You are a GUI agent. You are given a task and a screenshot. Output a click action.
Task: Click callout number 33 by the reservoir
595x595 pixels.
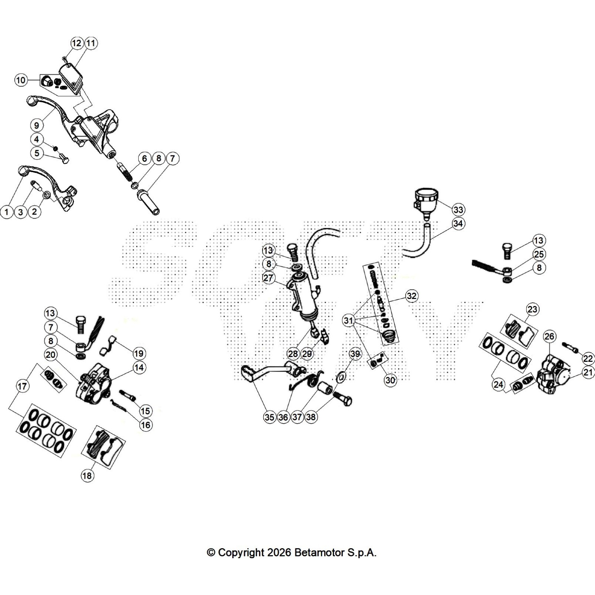coord(458,210)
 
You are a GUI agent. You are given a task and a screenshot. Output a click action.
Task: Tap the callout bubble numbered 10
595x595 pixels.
coord(21,80)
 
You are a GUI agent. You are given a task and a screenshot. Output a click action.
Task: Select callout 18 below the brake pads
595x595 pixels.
coord(87,476)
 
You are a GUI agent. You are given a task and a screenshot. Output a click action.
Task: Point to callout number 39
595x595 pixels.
coord(355,354)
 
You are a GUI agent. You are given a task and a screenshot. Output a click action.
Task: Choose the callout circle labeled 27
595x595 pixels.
coord(268,278)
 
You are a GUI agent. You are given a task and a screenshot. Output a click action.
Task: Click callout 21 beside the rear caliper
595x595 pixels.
coord(588,372)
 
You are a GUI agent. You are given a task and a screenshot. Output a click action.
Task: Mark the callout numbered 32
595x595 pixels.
coord(411,296)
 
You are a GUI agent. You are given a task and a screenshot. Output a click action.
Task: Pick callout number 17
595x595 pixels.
coord(22,386)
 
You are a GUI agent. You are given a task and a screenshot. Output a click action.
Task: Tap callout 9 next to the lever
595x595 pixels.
coord(36,125)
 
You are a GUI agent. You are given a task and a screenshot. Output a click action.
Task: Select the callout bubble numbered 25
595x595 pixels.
coord(539,254)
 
